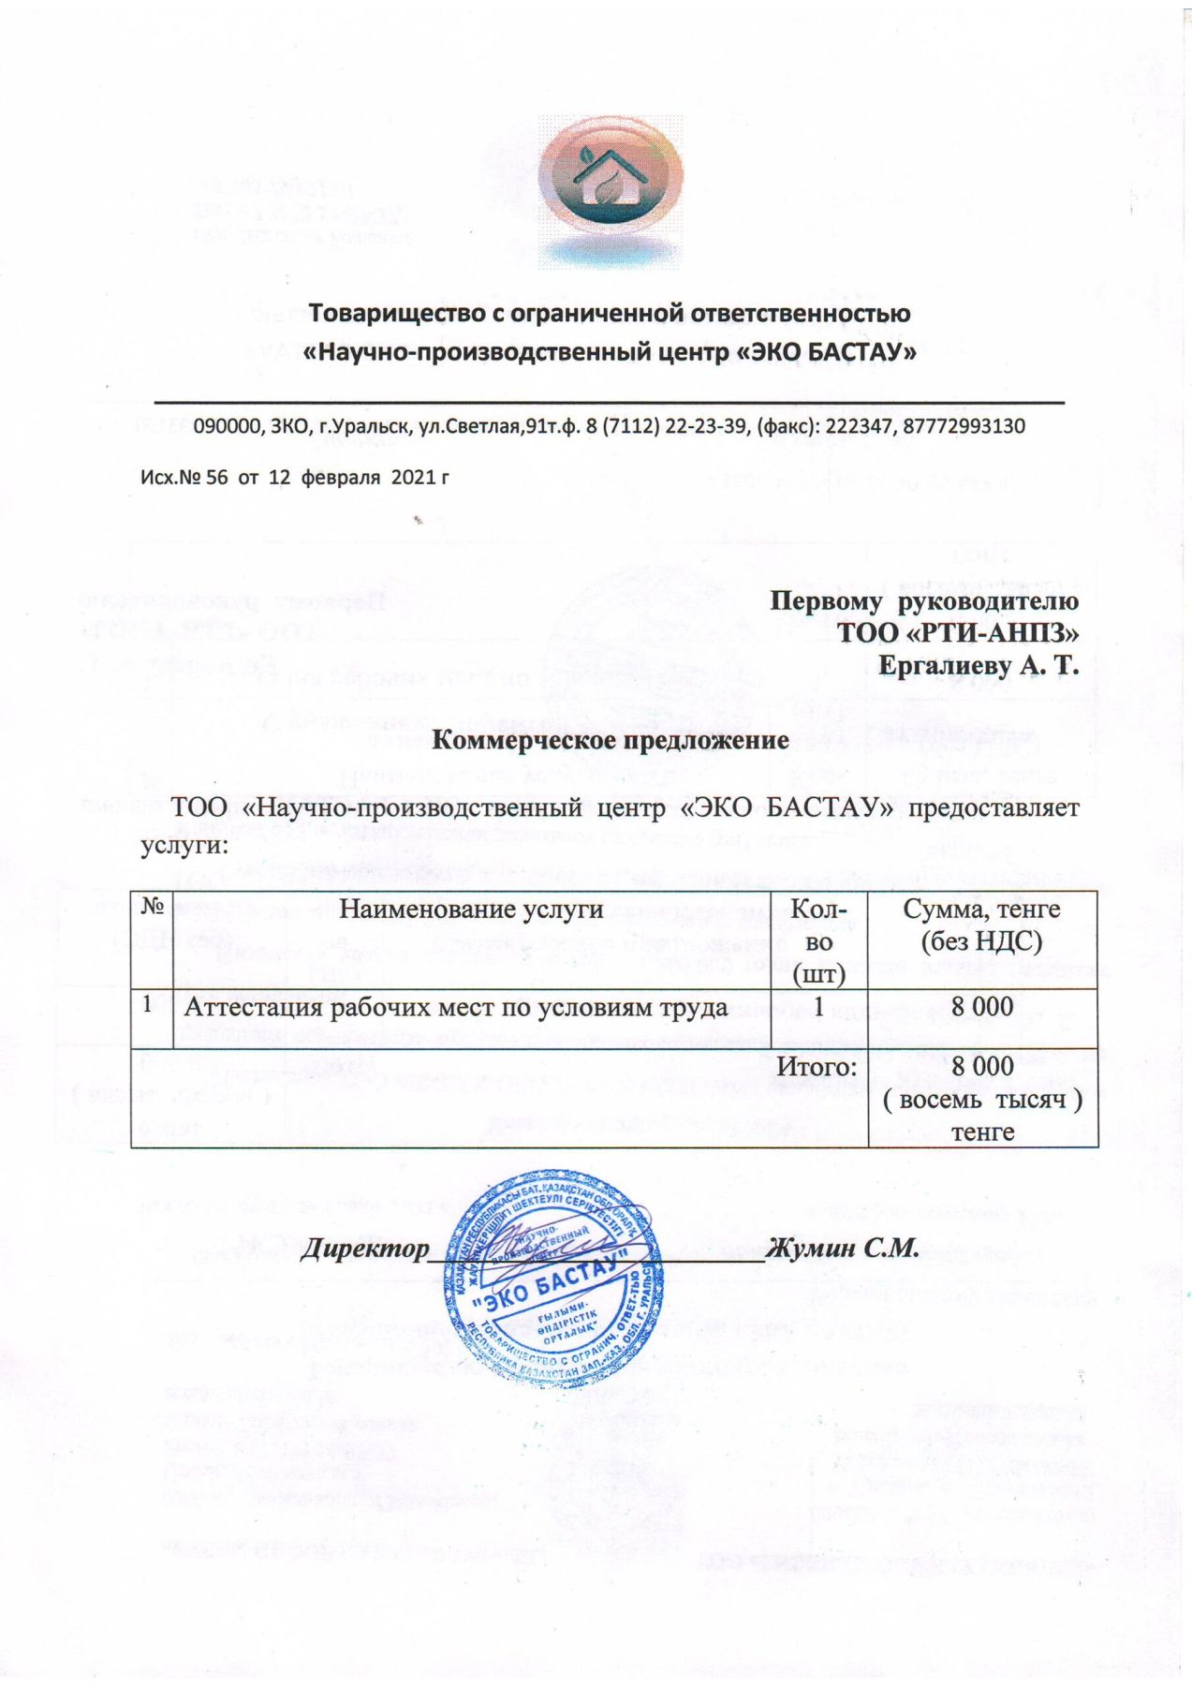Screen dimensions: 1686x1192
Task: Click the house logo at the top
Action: (x=610, y=191)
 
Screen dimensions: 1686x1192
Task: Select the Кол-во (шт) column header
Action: (x=818, y=940)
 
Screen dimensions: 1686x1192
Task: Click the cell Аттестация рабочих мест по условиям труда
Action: (x=456, y=1007)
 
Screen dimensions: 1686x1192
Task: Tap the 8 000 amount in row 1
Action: (x=981, y=1007)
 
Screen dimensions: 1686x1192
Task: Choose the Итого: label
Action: (x=817, y=1067)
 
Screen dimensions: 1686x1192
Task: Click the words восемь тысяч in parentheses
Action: (x=982, y=1100)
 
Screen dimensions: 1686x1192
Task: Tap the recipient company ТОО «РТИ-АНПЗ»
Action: (x=958, y=633)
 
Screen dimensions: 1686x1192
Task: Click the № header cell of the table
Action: (x=154, y=907)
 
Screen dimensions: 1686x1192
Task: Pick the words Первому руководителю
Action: (x=923, y=600)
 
